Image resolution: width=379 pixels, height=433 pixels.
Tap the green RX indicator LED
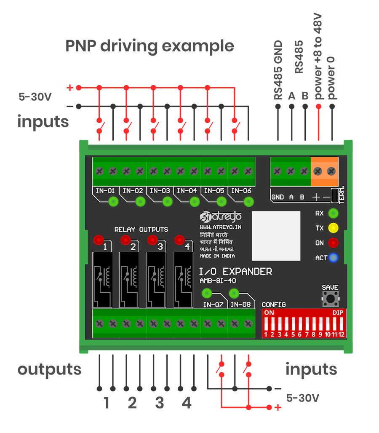(x=334, y=213)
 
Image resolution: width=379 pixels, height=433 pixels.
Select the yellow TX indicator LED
(x=334, y=228)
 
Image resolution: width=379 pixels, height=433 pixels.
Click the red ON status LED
(x=334, y=243)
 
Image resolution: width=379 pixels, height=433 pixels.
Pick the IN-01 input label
(x=105, y=191)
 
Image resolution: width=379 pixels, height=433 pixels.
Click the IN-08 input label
(x=240, y=305)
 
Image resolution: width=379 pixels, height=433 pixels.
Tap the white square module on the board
(x=276, y=235)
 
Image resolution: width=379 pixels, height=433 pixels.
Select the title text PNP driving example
(x=149, y=45)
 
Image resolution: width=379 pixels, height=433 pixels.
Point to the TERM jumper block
(x=335, y=195)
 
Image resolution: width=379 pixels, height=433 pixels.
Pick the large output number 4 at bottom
(x=187, y=404)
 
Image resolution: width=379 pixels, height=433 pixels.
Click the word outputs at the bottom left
(x=49, y=369)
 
